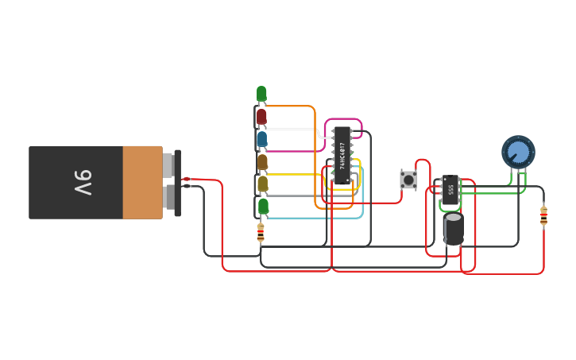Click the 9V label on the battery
[x=83, y=183]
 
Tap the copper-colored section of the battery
[x=142, y=183]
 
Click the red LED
[x=261, y=117]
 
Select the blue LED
[x=261, y=139]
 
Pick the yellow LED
[x=261, y=184]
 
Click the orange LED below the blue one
[x=261, y=161]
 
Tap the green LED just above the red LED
[x=261, y=94]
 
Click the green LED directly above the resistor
[x=263, y=207]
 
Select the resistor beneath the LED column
[x=261, y=232]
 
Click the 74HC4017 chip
[x=342, y=156]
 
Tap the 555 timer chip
[x=450, y=189]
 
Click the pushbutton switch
[x=408, y=180]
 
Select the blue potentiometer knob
[x=518, y=151]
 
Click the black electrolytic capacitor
[x=454, y=227]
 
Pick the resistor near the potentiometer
[x=543, y=215]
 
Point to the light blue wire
[x=318, y=217]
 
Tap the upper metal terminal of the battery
[x=168, y=164]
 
